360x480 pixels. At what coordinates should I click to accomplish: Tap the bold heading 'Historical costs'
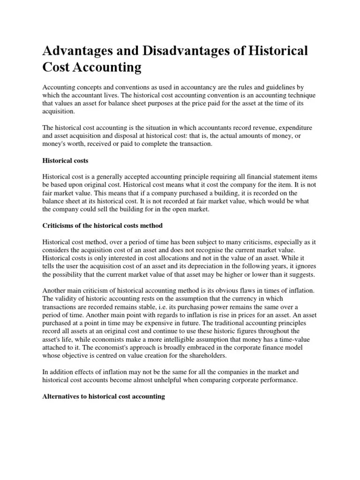65,161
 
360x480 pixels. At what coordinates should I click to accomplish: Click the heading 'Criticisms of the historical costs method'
102,225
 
